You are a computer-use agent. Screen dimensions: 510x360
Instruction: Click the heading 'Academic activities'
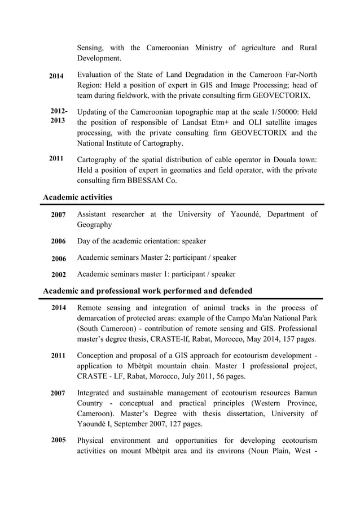coord(78,197)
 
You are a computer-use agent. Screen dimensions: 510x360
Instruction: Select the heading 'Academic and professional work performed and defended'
coord(148,291)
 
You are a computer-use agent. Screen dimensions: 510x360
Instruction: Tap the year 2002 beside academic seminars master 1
coord(59,275)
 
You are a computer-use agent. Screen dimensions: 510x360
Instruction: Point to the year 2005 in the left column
coord(59,440)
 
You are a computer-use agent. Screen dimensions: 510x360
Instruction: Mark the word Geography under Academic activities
coord(94,225)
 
